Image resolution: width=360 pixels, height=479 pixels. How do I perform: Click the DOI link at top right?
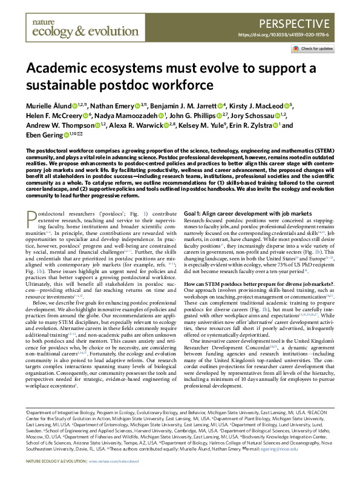coord(292,35)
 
